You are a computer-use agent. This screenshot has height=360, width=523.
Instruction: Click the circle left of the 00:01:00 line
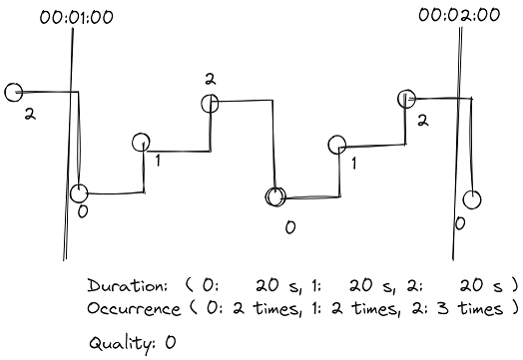[14, 93]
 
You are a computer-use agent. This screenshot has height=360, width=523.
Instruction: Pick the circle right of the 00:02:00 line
[472, 199]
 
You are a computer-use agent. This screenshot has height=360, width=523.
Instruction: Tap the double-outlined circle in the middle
[274, 196]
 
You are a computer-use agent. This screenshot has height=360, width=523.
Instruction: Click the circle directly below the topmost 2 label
[210, 101]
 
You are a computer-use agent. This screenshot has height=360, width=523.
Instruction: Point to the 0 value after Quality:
[170, 342]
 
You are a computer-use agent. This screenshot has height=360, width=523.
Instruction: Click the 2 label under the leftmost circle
[31, 116]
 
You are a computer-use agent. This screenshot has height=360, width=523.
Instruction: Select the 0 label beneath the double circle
[289, 228]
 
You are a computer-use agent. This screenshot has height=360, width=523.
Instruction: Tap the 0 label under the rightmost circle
[459, 223]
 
